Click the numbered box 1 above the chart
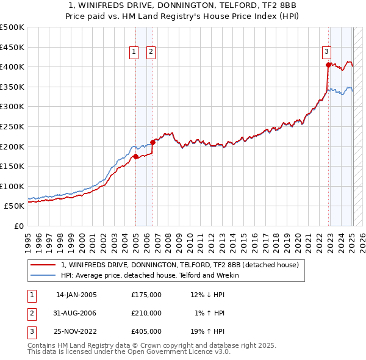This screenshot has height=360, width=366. [x=133, y=52]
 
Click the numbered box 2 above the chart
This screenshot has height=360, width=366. [x=150, y=52]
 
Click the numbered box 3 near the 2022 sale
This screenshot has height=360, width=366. [x=326, y=52]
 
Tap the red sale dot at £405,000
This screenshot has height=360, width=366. [x=328, y=65]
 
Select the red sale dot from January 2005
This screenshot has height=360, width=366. [x=135, y=156]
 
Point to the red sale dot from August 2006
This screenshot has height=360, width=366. [x=152, y=142]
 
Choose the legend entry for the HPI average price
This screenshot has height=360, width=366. [x=150, y=275]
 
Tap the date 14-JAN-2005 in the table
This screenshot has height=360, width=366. [x=76, y=295]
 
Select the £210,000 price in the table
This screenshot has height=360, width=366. [x=146, y=313]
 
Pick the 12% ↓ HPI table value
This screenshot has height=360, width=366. [x=207, y=295]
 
